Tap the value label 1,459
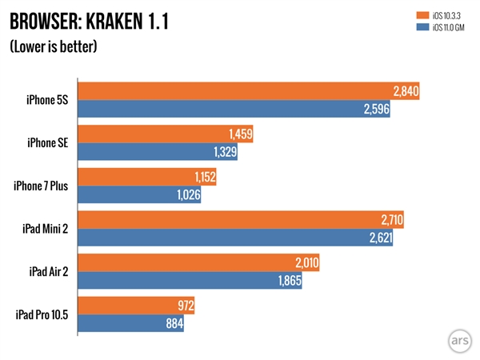click(240, 134)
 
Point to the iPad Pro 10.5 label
click(42, 316)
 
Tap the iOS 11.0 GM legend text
click(445, 27)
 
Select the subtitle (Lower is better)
click(54, 46)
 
